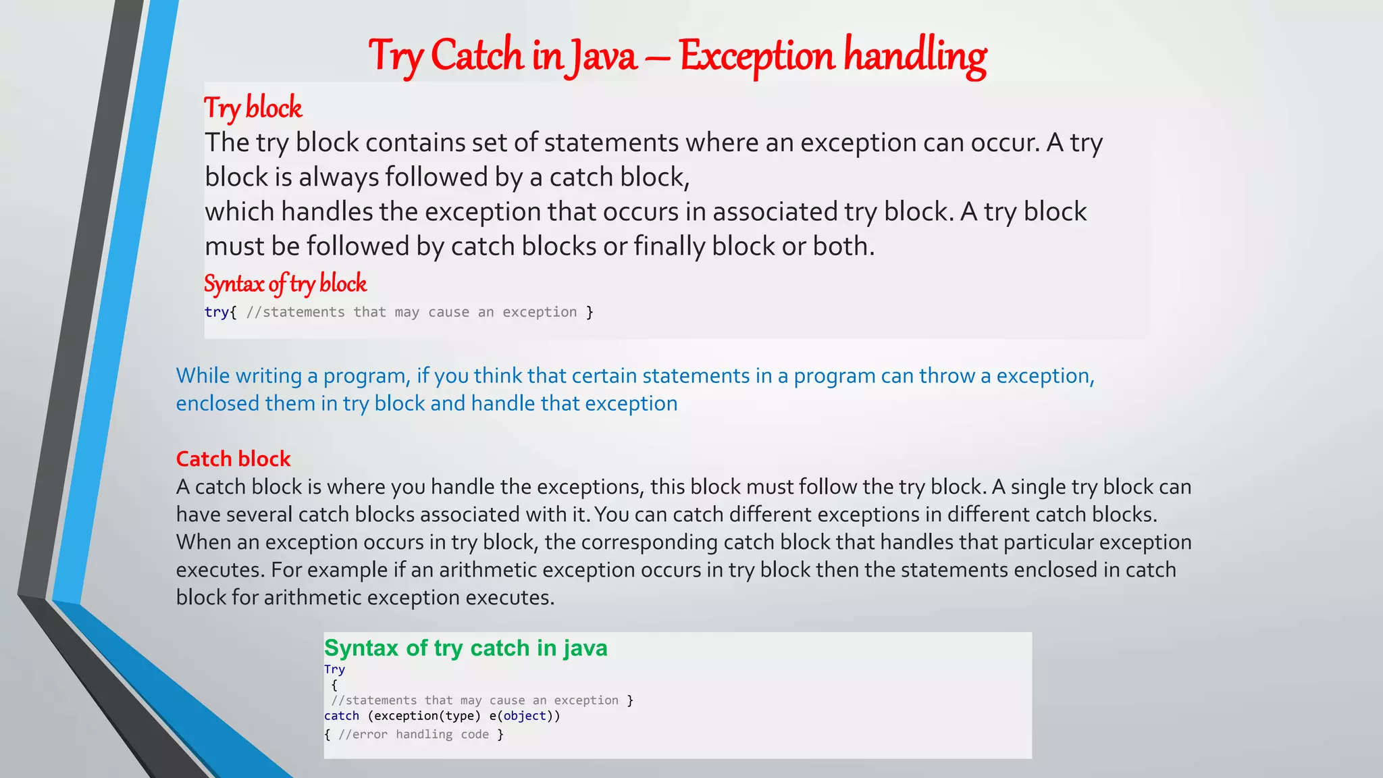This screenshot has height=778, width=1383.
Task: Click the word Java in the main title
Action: click(602, 55)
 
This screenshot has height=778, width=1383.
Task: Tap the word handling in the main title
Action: click(915, 55)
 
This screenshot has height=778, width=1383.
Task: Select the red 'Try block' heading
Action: click(253, 108)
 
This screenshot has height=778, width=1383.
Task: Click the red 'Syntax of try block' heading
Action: click(285, 284)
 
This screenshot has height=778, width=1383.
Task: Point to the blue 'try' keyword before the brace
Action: click(216, 312)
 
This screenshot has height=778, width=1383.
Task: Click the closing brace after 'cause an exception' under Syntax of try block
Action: click(590, 312)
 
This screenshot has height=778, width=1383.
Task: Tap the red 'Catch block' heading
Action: click(233, 459)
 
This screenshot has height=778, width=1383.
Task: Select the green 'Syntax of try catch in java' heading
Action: click(465, 648)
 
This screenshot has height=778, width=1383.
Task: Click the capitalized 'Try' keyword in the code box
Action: click(334, 669)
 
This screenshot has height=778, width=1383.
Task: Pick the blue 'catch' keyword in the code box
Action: click(342, 716)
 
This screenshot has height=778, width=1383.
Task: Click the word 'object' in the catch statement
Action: click(524, 716)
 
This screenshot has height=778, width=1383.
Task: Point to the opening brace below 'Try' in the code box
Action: click(334, 685)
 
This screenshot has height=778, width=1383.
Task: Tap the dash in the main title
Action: click(657, 57)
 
